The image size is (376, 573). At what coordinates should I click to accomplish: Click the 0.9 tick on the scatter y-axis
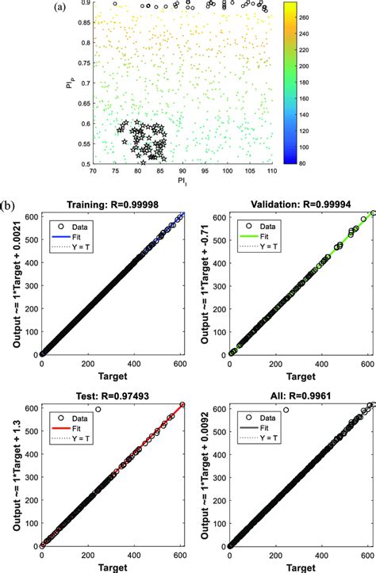[x=83, y=3]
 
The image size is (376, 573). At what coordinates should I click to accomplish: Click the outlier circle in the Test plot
[x=98, y=410]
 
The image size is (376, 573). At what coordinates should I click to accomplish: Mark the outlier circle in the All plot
[x=286, y=410]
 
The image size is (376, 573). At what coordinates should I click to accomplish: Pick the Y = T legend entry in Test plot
[x=76, y=432]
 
